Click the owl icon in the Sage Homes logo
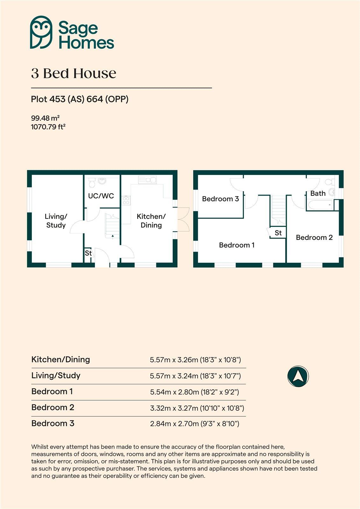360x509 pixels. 41,32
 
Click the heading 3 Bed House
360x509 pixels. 74,73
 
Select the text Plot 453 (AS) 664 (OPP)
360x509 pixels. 80,99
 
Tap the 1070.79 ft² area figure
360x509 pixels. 48,127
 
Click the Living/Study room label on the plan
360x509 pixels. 56,221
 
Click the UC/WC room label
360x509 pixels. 101,196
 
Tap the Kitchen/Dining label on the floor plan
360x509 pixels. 151,221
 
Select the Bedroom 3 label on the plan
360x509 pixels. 220,199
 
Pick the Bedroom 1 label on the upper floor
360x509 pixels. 236,245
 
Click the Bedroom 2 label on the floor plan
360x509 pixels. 314,238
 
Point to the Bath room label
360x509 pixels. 318,193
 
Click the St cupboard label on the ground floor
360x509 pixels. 88,253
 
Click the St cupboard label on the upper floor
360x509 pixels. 278,233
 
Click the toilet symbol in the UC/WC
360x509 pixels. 92,183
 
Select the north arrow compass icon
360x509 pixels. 298,376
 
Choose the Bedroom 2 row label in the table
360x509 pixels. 53,408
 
